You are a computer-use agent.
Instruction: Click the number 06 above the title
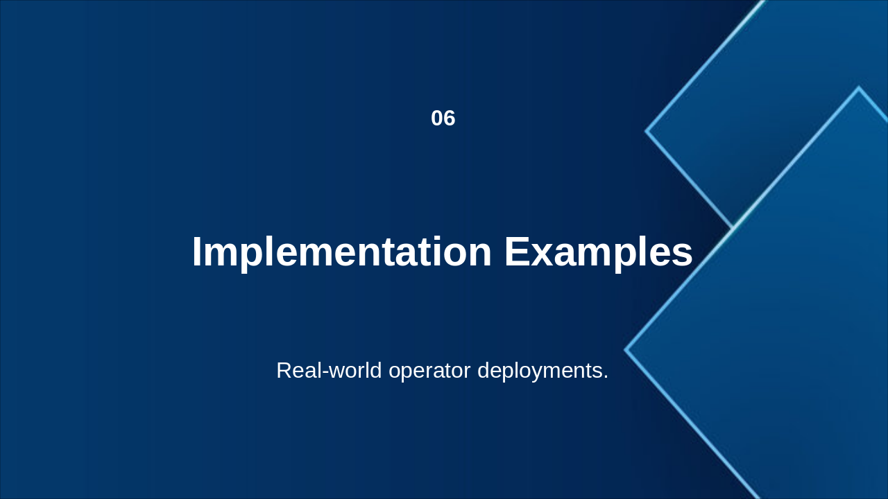[443, 119]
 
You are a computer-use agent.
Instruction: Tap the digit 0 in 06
[437, 119]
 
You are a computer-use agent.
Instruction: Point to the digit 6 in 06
[450, 119]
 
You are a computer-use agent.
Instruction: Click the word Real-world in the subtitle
[329, 371]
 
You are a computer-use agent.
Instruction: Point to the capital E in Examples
[517, 252]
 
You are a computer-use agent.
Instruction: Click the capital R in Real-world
[284, 370]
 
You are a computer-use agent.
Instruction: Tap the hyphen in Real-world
[326, 372]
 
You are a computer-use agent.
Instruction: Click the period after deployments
[605, 377]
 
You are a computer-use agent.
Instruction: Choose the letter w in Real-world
[336, 372]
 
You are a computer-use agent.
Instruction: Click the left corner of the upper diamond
[645, 131]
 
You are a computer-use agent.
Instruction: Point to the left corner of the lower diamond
[625, 350]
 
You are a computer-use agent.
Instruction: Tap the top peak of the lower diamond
[859, 87]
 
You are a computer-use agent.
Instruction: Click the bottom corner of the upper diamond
[732, 227]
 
